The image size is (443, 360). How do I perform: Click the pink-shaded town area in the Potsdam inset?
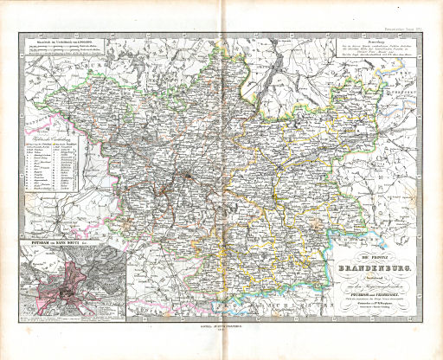pos(52,291)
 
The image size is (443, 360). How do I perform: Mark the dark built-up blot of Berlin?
pos(183,177)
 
